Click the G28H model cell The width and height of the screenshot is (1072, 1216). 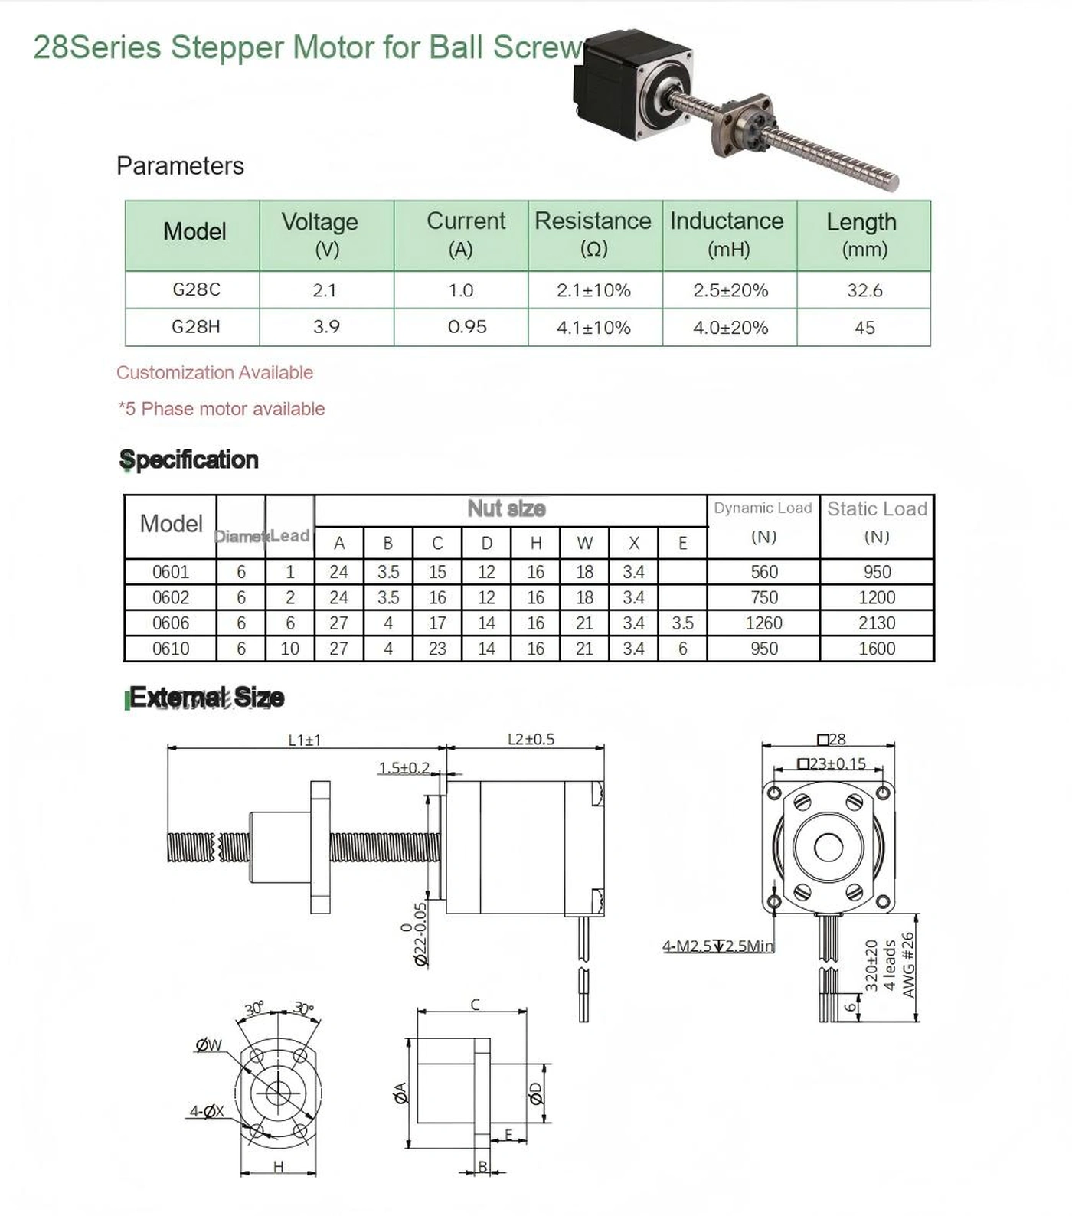(195, 327)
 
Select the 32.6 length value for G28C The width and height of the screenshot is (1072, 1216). (864, 290)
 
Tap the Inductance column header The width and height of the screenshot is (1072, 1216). (728, 234)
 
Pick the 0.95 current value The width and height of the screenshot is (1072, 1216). (467, 327)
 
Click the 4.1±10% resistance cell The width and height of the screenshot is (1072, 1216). (593, 328)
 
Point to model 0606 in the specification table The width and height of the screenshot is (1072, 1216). (170, 623)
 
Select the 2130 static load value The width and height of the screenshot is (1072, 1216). (877, 623)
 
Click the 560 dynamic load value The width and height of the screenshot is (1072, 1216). (763, 572)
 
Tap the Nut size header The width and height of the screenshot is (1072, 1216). (506, 508)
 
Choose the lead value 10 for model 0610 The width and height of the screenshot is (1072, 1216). (289, 649)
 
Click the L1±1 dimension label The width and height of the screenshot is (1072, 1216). (304, 740)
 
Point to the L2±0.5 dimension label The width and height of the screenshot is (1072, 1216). (531, 739)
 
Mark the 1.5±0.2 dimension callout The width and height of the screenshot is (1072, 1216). (404, 767)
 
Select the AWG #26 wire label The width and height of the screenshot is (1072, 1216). (908, 965)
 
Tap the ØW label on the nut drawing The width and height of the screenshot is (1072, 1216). (208, 1045)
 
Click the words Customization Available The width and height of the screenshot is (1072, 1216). (214, 373)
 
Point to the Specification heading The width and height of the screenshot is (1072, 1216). (189, 459)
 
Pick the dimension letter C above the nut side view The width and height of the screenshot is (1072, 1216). (475, 1005)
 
